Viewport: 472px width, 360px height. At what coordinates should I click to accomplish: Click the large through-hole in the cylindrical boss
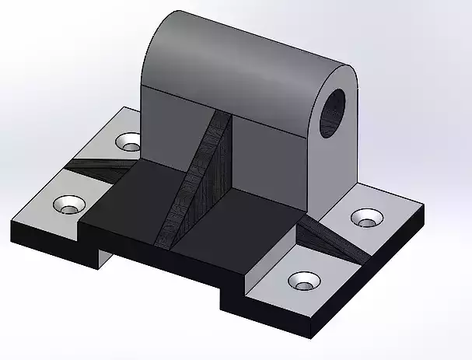335,110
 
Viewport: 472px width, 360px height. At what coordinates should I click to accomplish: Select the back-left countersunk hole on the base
128,142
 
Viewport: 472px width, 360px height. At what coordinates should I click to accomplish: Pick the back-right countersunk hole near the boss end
365,218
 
